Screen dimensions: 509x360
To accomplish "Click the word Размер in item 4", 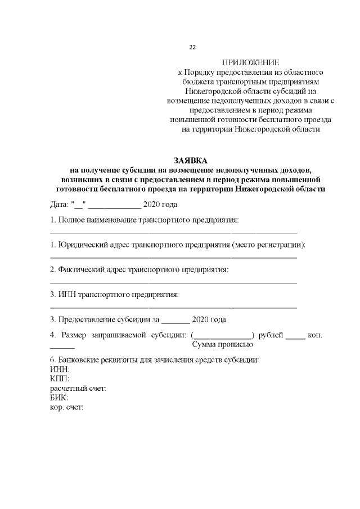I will [x=74, y=335].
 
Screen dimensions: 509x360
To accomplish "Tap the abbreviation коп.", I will [x=315, y=335].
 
